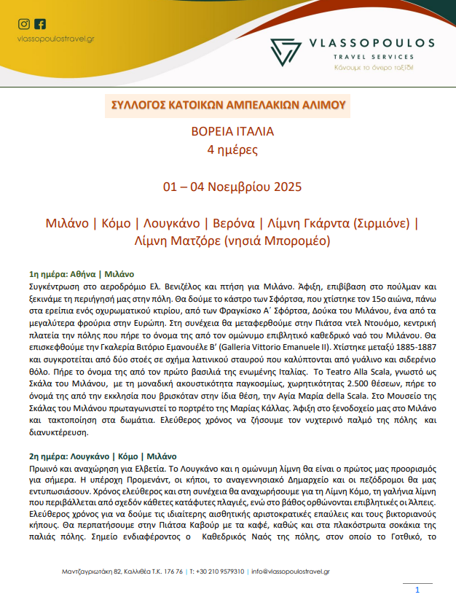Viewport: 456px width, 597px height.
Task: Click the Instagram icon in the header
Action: (23, 24)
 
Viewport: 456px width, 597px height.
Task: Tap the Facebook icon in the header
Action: (39, 24)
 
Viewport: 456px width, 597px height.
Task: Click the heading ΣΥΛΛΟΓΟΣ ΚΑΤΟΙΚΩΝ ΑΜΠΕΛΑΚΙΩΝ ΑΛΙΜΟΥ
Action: (227, 104)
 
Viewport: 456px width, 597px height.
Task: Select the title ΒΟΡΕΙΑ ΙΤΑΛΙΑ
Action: (227, 133)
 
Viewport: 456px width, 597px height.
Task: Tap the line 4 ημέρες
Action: (227, 151)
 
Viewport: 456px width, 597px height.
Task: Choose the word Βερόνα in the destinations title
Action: (235, 222)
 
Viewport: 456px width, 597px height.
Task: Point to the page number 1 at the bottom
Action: (417, 590)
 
